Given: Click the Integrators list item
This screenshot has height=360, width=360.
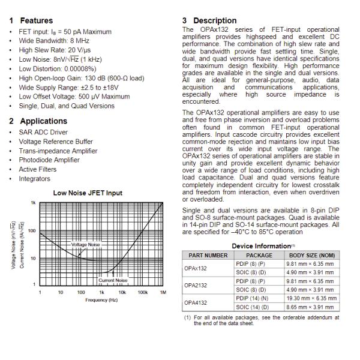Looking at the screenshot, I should click(x=35, y=179).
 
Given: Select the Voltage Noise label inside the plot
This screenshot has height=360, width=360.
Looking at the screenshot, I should click(x=86, y=245).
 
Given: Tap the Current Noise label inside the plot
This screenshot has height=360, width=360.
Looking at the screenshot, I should click(x=113, y=280).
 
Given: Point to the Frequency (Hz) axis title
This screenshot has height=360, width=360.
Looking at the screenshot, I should click(x=100, y=299).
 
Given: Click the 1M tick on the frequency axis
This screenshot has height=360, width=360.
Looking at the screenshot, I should click(x=162, y=292).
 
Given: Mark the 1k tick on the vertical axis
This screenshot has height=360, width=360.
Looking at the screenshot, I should click(x=33, y=203).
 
